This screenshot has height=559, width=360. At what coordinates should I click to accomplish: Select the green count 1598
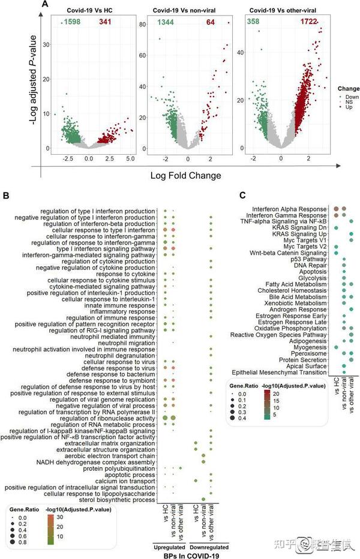[70, 22]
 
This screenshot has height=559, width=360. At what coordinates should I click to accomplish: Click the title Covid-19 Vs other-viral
[282, 10]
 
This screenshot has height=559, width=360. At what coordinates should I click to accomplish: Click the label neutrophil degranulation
[121, 356]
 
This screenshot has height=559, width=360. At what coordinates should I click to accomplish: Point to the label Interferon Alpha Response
[292, 209]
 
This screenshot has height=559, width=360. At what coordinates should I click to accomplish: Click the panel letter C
[242, 194]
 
